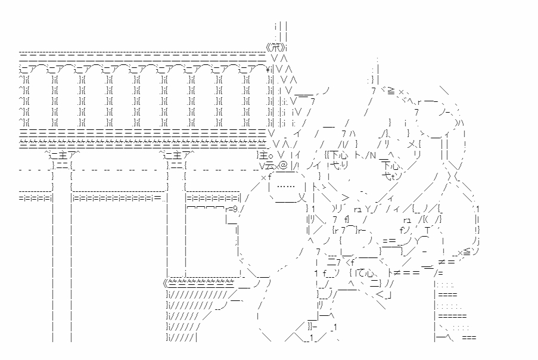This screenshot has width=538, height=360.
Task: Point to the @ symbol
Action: click(284, 165)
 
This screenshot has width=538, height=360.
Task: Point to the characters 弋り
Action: click(339, 165)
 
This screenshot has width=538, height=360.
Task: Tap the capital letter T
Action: click(427, 230)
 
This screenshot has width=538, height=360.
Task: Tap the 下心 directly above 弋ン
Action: click(391, 165)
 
